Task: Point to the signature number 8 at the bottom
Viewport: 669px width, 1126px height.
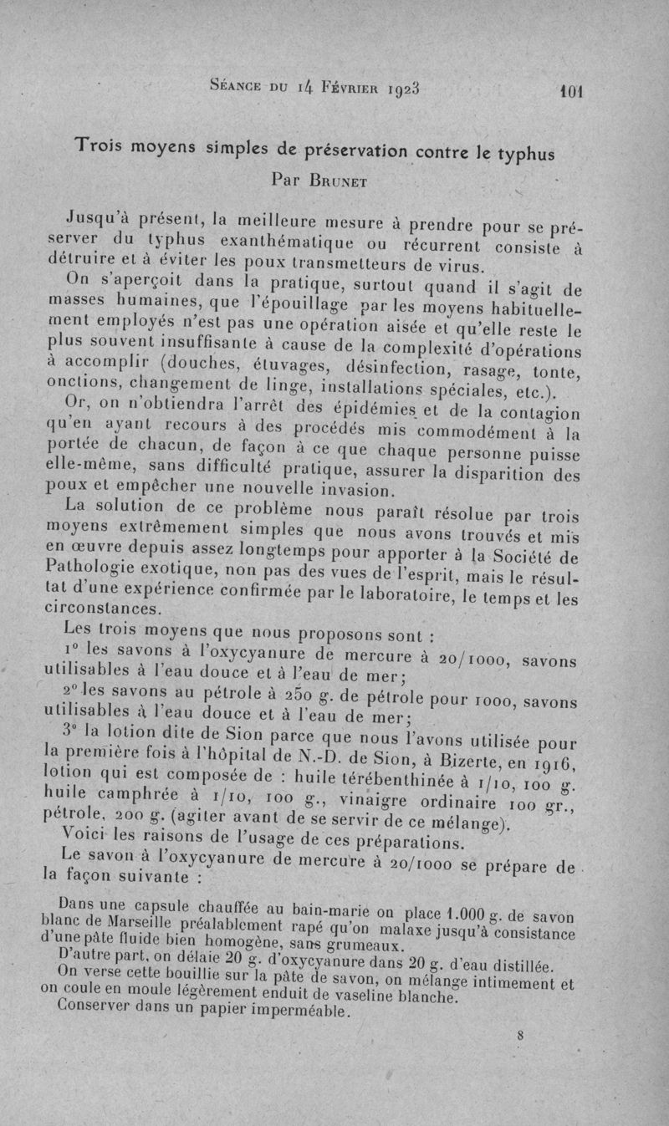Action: coord(520,1034)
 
